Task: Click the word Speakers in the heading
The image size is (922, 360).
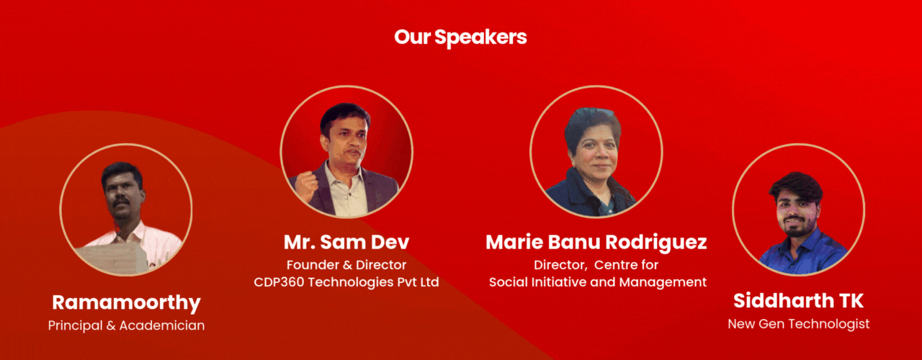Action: (480, 37)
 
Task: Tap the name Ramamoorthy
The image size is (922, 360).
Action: (126, 303)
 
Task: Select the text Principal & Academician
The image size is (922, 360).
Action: (126, 325)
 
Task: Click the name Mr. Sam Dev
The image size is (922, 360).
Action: (346, 242)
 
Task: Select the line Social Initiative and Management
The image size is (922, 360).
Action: (598, 282)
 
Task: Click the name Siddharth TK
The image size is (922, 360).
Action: (799, 301)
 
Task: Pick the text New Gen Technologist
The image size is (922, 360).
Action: (799, 324)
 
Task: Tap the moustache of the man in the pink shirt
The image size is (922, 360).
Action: (122, 203)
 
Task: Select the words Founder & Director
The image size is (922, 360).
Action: (346, 265)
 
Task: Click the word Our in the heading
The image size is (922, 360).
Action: (412, 37)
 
